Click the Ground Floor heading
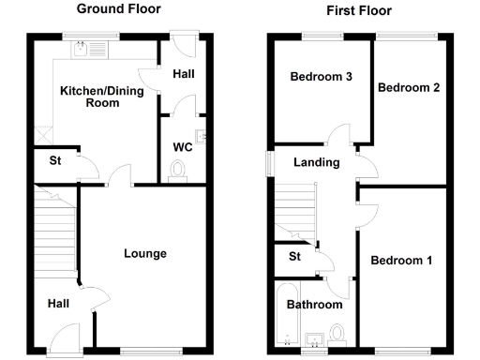(118, 8)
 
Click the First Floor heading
(359, 11)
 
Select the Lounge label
(145, 253)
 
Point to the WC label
(182, 146)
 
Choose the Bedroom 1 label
(400, 260)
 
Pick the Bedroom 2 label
(409, 87)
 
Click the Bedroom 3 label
(320, 77)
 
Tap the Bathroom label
(314, 305)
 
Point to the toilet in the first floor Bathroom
(340, 334)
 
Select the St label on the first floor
(294, 256)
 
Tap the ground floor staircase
(54, 230)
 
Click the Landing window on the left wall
(269, 162)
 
